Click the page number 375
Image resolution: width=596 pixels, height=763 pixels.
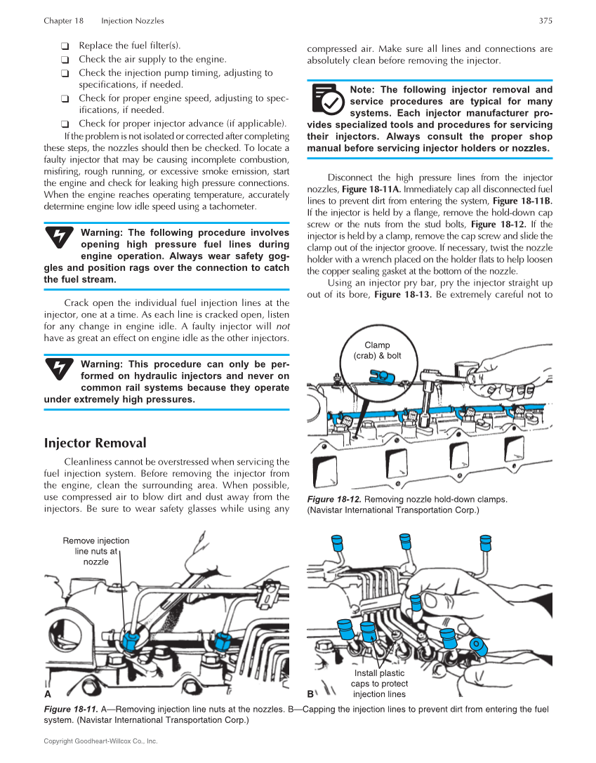545,21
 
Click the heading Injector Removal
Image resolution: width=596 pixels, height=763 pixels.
95,443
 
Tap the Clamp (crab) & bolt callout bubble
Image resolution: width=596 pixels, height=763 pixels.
377,350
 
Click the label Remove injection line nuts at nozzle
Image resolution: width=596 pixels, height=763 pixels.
95,551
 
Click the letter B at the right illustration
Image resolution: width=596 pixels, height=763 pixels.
311,694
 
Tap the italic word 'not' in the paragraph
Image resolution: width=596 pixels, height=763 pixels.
282,326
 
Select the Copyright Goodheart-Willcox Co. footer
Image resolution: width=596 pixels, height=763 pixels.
100,741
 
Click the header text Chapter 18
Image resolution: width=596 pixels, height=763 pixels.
63,21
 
